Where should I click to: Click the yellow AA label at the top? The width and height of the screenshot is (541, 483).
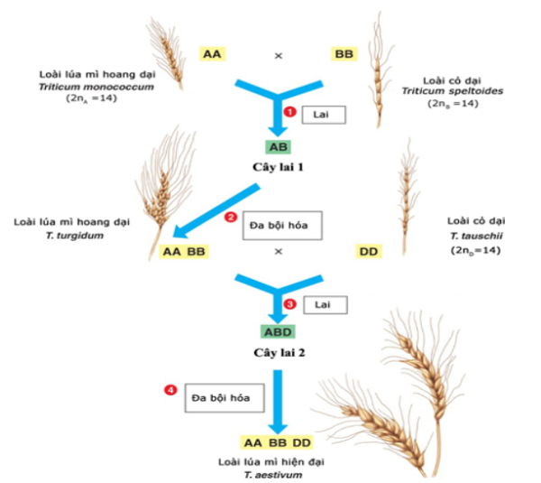(x=213, y=54)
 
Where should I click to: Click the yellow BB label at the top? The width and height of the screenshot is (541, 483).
(x=344, y=54)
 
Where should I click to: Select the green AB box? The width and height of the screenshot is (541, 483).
(x=278, y=146)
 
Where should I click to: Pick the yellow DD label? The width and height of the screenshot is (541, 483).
(x=369, y=250)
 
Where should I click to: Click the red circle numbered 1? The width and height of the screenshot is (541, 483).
(x=290, y=111)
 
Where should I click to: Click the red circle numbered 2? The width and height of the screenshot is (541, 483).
(x=230, y=218)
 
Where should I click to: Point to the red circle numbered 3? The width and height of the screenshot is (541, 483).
(x=290, y=304)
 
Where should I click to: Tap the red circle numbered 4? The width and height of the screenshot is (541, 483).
(x=170, y=390)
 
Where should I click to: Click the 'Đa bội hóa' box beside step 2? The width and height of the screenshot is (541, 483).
(x=280, y=224)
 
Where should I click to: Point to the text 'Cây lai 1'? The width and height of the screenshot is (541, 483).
(x=278, y=167)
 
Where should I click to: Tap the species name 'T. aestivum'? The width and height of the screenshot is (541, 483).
(x=278, y=473)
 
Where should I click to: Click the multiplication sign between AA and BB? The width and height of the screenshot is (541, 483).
(x=279, y=55)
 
